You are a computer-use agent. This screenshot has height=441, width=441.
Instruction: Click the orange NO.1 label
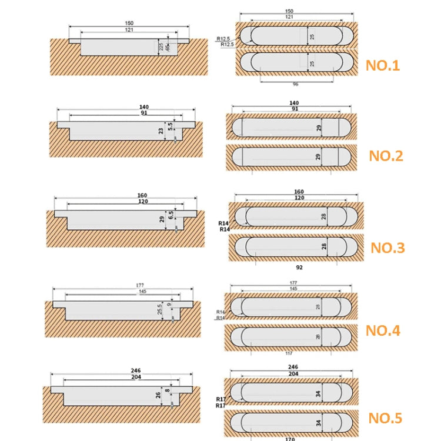click(383, 65)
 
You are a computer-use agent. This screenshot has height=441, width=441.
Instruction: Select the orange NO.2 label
click(386, 156)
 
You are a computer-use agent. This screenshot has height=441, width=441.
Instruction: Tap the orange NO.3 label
click(387, 248)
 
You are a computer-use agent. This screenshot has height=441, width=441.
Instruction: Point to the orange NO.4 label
click(383, 330)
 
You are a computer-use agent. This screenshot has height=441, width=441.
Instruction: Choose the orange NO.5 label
click(385, 418)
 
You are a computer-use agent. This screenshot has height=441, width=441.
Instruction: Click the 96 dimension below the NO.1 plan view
click(295, 84)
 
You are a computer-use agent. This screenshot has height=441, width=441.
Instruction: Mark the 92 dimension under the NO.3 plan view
click(299, 267)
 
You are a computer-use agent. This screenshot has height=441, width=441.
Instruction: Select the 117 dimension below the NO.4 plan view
click(289, 353)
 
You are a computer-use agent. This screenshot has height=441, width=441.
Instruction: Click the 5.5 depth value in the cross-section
click(171, 125)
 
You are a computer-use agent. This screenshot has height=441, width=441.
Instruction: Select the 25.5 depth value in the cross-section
click(160, 308)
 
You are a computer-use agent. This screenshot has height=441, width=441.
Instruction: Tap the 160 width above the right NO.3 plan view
click(299, 192)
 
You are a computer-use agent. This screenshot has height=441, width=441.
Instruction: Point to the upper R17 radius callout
click(221, 399)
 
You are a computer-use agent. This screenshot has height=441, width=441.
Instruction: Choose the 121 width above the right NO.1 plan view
click(289, 17)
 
